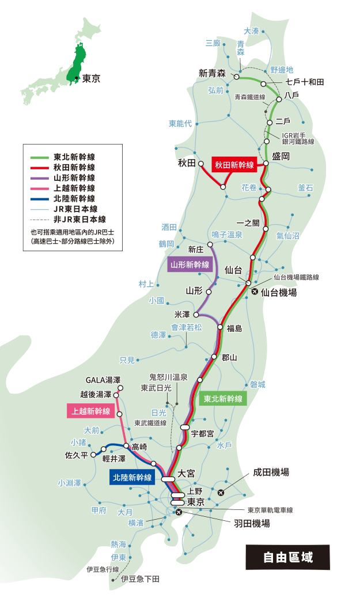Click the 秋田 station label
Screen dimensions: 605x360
(187, 163)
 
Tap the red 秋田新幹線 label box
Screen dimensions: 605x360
(234, 165)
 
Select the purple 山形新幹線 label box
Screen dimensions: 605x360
(190, 265)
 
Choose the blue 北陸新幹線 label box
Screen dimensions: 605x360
(132, 477)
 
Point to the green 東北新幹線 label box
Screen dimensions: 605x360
(223, 399)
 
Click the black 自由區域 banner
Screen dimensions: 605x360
(288, 557)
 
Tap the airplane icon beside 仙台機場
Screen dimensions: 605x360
(255, 292)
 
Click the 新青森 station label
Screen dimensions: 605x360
(211, 73)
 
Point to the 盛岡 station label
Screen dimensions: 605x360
(281, 156)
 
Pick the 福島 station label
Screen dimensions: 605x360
(234, 329)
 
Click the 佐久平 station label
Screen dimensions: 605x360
(77, 455)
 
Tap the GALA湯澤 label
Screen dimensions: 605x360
(103, 380)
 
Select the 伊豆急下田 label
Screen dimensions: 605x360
(140, 578)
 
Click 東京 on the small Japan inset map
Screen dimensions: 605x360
(90, 78)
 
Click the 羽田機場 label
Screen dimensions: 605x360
(252, 524)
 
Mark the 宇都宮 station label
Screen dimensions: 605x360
(202, 433)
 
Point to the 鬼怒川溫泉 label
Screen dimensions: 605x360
(168, 377)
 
